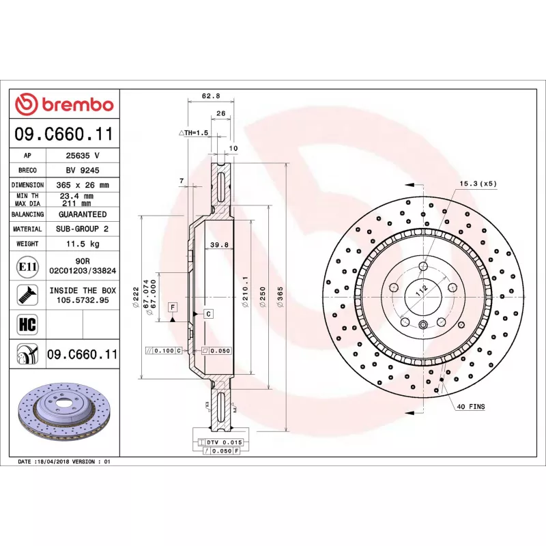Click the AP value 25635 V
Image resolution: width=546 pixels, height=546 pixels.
(x=83, y=156)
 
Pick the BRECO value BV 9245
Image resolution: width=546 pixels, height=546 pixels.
(x=83, y=170)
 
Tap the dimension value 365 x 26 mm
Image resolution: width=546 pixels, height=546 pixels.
(x=83, y=185)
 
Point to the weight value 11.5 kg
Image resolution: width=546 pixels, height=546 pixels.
(x=83, y=244)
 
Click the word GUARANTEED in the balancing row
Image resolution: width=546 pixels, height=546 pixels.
(x=83, y=214)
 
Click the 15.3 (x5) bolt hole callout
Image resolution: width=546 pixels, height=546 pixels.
(x=478, y=184)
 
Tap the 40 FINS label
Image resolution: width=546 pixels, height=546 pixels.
(x=471, y=406)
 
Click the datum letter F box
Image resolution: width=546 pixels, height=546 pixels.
(x=173, y=306)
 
